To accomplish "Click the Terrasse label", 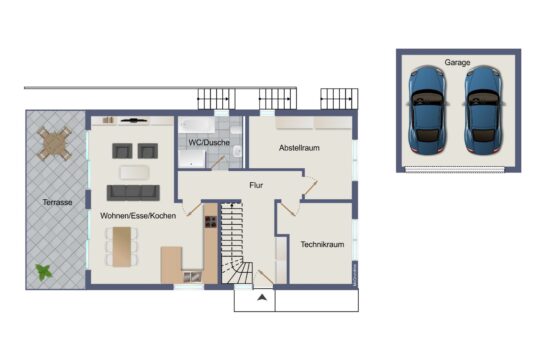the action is pos(58,202).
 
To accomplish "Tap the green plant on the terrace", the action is pos(44,272).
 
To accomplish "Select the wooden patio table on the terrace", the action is pos(54,144).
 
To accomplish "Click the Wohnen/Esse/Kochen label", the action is pos(138,216).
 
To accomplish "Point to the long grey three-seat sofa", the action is pos(133,193).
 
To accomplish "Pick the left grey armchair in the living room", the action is pos(122,151).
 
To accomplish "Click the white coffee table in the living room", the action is pos(134,172).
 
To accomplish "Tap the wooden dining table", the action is pos(122,246).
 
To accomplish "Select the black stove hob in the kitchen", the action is pos(211,222).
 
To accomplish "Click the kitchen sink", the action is pos(192,276).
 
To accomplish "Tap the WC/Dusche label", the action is pos(209,142).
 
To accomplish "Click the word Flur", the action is pos(256,185).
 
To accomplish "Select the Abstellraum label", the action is pos(299,148).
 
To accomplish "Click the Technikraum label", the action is pos(322,244).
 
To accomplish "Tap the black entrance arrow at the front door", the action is pos(262,298).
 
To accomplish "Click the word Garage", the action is pos(457,62).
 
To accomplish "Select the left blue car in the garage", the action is pos(427,109).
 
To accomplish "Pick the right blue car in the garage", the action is pos(483,109).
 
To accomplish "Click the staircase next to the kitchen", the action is pos(234,243).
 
